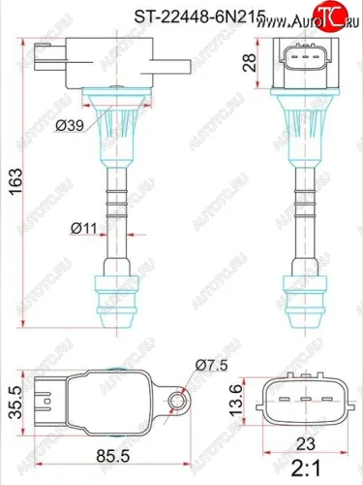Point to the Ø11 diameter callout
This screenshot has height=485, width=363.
pyautogui.click(x=82, y=229)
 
